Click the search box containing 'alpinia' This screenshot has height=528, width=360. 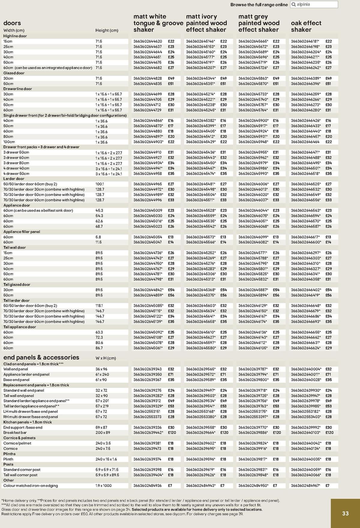point(314,5)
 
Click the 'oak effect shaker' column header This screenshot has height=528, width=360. point(306,26)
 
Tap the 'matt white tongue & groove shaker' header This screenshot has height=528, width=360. point(158,23)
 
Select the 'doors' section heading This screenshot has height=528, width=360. point(12,23)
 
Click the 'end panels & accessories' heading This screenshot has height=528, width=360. point(41,358)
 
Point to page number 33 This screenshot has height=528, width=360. point(345,513)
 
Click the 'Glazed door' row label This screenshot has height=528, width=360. point(14,73)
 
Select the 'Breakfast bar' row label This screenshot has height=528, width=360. point(15,433)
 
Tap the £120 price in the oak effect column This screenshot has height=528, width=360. point(329,433)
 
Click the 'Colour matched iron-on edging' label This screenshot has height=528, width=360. point(31,485)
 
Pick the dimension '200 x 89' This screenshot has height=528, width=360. point(103,433)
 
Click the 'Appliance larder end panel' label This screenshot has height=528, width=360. point(26,374)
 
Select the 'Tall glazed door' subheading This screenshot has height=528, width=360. point(17,285)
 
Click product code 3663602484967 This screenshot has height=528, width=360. point(305,485)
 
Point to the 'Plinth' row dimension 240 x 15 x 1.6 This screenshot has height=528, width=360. point(106,459)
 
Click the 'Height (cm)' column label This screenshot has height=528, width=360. point(107,30)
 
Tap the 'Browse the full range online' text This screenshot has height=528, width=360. point(259,5)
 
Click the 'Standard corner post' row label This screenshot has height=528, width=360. point(22,469)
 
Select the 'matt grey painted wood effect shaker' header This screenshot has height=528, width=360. point(259,23)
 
